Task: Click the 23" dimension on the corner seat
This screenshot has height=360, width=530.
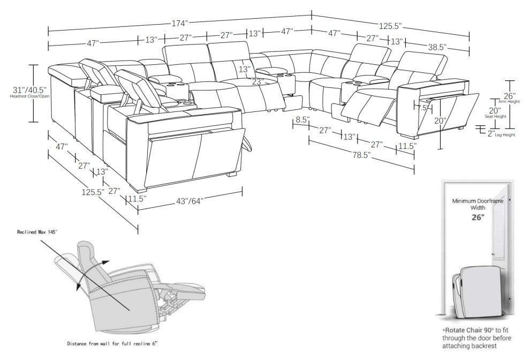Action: pyautogui.click(x=258, y=81)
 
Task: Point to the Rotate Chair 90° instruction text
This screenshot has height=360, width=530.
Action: pyautogui.click(x=476, y=339)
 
